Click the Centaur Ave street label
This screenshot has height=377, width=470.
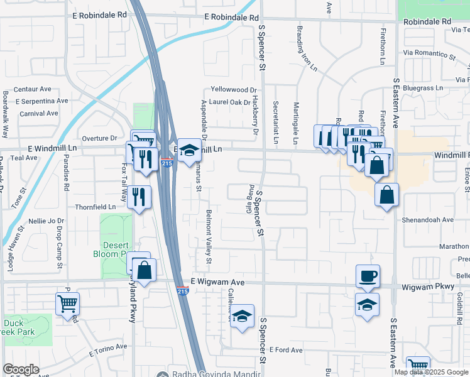tap(33, 89)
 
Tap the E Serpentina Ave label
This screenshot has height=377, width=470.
tap(42, 101)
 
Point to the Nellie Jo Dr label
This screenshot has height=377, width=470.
tap(46, 221)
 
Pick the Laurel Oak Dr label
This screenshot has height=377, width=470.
tap(230, 102)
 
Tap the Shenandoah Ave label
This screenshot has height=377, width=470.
tap(428, 220)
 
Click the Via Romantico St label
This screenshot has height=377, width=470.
tap(429, 54)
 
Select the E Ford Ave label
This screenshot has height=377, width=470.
tap(286, 350)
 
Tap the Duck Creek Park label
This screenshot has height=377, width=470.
tap(14, 328)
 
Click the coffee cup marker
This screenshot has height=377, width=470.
tap(368, 276)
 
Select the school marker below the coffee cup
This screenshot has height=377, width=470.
tap(368, 305)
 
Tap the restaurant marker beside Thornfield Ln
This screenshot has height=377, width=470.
tap(139, 197)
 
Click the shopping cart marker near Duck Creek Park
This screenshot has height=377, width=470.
tap(67, 304)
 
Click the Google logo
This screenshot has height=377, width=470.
tap(21, 369)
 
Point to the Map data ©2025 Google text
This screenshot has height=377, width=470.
tap(431, 372)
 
